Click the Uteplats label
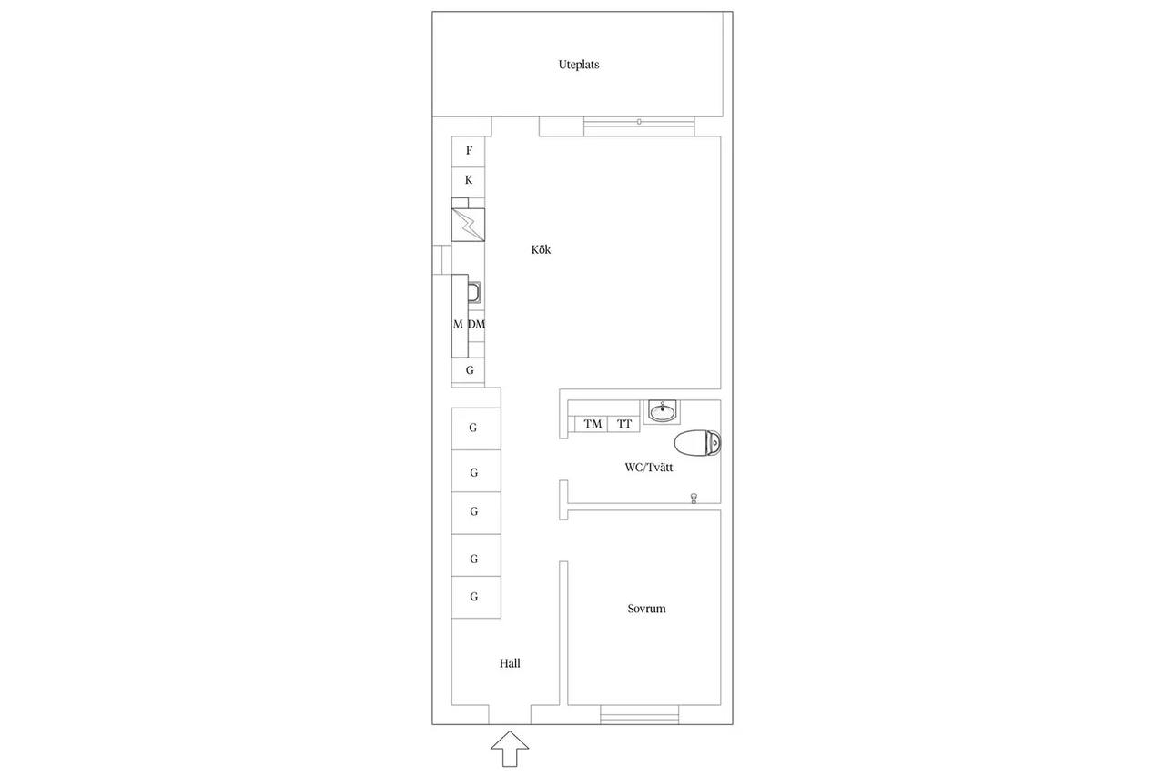point(578,65)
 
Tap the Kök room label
point(541,249)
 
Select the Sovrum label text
point(646,609)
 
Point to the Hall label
point(510,663)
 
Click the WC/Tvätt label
point(649,468)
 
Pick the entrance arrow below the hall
point(510,749)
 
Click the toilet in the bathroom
point(697,443)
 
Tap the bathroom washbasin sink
point(662,411)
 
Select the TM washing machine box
point(592,424)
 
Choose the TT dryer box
point(624,424)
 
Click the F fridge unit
point(468,151)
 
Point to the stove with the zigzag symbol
point(468,225)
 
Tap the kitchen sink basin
point(474,292)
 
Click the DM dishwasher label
point(476,325)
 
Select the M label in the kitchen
point(458,325)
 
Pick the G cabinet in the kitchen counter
point(468,370)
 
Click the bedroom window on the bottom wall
point(639,714)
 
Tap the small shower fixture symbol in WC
point(694,499)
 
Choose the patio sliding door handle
point(639,122)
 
